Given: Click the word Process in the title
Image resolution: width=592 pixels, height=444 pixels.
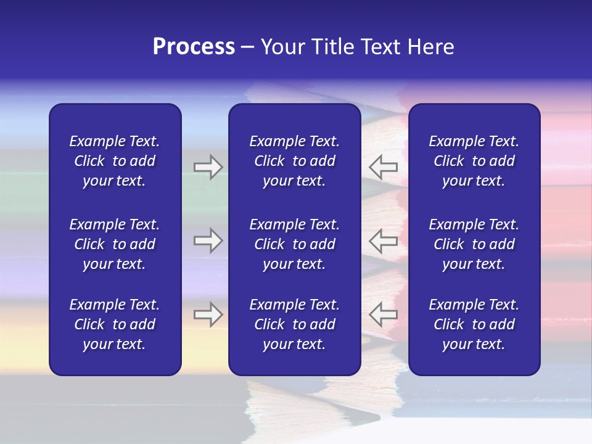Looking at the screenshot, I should point(194,47).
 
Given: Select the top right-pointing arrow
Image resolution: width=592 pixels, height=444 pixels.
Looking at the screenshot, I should point(208,167).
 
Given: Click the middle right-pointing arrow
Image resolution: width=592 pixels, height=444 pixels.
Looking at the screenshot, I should point(208,240).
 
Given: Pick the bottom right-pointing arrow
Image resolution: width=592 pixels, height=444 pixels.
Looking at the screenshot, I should point(208,314).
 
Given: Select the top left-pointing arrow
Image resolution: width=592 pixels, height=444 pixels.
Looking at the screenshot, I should point(383,167).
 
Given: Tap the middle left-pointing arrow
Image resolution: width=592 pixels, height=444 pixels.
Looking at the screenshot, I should point(383,240).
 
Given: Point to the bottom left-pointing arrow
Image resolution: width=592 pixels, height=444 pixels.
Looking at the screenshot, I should point(383,314).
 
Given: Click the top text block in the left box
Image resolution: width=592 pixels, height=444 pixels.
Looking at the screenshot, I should point(115,161).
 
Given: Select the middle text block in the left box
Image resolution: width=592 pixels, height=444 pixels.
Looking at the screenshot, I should point(115,244).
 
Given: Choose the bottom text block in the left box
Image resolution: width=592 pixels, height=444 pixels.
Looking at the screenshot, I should point(115,324).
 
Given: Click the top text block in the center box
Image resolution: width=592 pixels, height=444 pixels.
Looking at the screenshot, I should point(294,161).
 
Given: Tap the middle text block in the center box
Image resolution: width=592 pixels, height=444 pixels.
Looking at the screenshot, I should point(294,244).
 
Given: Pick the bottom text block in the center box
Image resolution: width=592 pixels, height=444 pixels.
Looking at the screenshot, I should point(294,324).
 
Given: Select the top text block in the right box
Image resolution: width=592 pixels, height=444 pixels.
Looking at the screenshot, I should point(474,161).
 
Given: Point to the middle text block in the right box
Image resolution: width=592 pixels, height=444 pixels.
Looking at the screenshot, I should point(474,244).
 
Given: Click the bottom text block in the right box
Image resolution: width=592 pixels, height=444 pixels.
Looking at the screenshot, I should point(474,324).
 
